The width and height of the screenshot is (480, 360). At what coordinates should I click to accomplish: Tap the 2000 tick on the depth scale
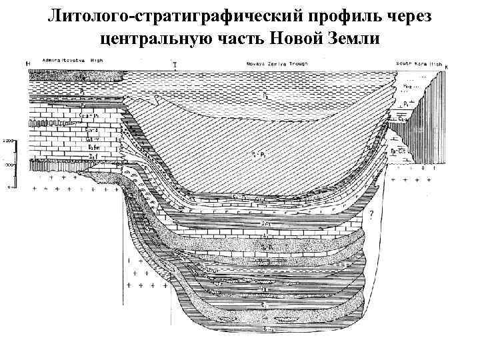[x=7, y=141]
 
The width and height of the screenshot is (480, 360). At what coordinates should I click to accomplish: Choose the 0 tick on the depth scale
[x=8, y=187]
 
